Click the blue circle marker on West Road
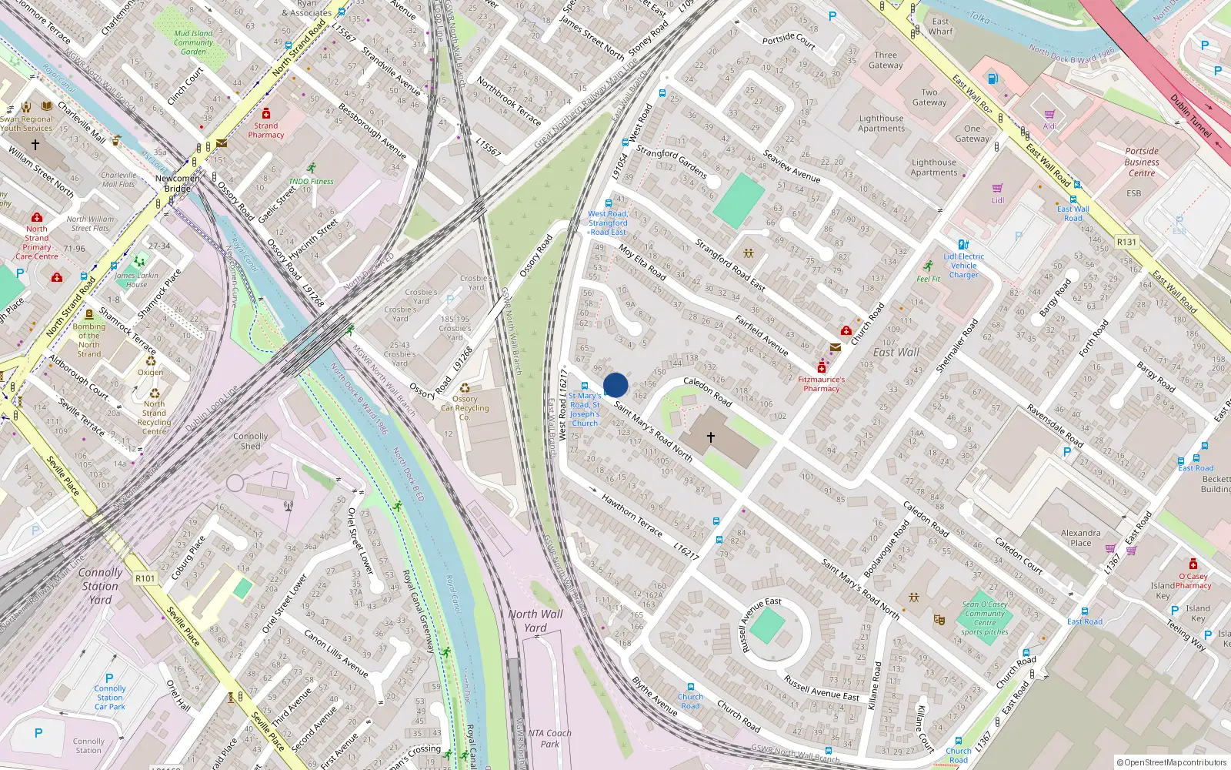click(615, 385)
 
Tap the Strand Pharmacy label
click(266, 130)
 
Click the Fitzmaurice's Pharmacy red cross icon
click(822, 368)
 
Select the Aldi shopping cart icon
click(1049, 115)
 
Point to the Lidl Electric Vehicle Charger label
click(963, 266)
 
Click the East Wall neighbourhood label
click(896, 353)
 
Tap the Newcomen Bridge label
click(178, 183)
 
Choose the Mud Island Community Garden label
click(193, 42)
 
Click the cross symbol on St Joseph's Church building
click(711, 437)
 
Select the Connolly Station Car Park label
click(110, 698)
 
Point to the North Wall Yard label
click(535, 621)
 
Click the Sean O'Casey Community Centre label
click(985, 618)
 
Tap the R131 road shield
click(1126, 242)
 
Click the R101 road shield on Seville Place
click(145, 578)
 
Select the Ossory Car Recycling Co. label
click(465, 408)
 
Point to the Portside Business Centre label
click(1142, 162)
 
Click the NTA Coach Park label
click(550, 738)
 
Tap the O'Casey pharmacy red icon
click(1193, 564)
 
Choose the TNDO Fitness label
click(311, 182)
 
